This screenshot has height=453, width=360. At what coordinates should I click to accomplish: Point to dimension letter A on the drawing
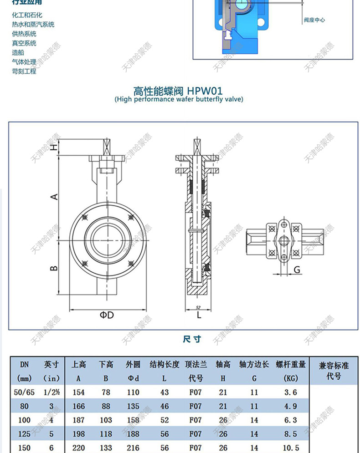tap(54, 196)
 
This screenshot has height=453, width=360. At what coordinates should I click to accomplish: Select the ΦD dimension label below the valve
tap(107, 315)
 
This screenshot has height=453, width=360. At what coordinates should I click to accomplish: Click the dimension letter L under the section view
tap(199, 315)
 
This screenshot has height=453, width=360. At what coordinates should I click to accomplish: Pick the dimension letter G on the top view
tap(297, 270)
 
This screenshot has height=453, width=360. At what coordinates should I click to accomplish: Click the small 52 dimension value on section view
tap(198, 307)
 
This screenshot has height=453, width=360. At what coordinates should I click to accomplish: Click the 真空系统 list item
tap(24, 43)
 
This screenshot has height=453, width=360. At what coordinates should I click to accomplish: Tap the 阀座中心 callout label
tap(314, 20)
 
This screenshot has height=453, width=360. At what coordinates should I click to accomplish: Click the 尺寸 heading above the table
tap(191, 339)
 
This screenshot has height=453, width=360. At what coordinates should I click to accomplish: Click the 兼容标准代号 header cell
tap(334, 371)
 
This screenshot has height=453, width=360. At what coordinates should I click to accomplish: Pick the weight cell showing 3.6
tap(290, 392)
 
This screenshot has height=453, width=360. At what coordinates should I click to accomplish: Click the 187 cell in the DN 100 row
tap(78, 420)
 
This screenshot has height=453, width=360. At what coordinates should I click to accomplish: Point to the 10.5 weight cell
tap(290, 447)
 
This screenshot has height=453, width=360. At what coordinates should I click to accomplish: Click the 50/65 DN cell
tap(24, 392)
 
